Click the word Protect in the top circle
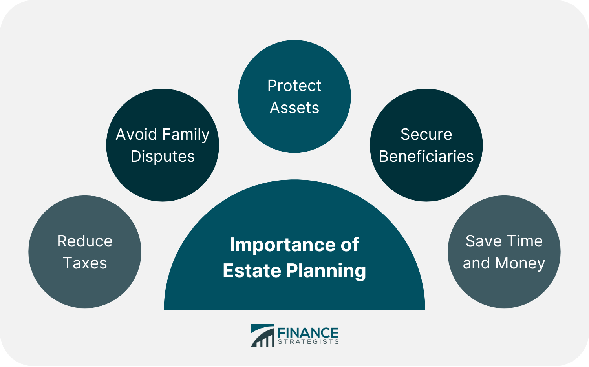[294, 86]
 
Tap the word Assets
[294, 108]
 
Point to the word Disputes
[163, 157]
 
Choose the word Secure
[426, 135]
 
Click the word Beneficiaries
[426, 156]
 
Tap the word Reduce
[85, 241]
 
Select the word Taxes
[85, 263]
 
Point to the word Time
[524, 241]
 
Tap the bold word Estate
[252, 271]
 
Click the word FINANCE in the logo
[308, 333]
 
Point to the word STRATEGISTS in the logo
[308, 342]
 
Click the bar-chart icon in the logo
[263, 336]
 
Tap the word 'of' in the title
[349, 245]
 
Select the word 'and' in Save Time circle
[476, 263]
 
